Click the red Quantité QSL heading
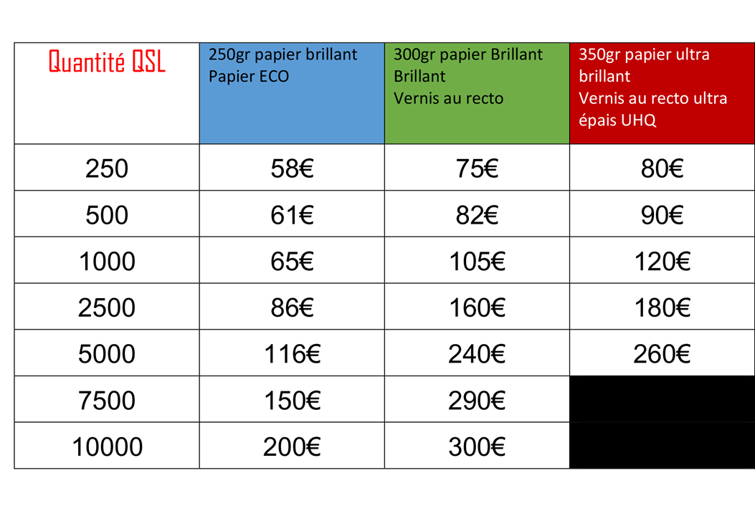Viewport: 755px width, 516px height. coord(107,62)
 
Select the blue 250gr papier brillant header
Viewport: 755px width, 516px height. coord(292,93)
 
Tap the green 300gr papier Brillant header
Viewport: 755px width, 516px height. coord(477,93)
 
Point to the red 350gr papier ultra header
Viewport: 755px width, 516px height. coord(662,93)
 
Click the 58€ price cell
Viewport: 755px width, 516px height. coord(292,168)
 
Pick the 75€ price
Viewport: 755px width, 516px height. coord(477,168)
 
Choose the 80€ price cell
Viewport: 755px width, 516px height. coord(662,168)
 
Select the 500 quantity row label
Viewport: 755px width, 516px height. coord(107,215)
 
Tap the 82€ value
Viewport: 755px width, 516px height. coord(477,215)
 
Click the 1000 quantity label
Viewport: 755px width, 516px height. coord(107,262)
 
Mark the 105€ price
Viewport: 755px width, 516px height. coord(477,262)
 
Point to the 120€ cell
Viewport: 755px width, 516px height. coord(662,262)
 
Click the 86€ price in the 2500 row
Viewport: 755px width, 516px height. coord(292,307)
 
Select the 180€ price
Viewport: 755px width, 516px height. coord(662,307)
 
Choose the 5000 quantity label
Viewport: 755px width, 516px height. coord(107,354)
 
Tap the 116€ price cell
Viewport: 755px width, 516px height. coord(292,354)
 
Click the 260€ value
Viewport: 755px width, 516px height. coord(662,354)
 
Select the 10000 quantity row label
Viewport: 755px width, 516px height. coord(107,446)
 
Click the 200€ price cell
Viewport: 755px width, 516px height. coord(292,446)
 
